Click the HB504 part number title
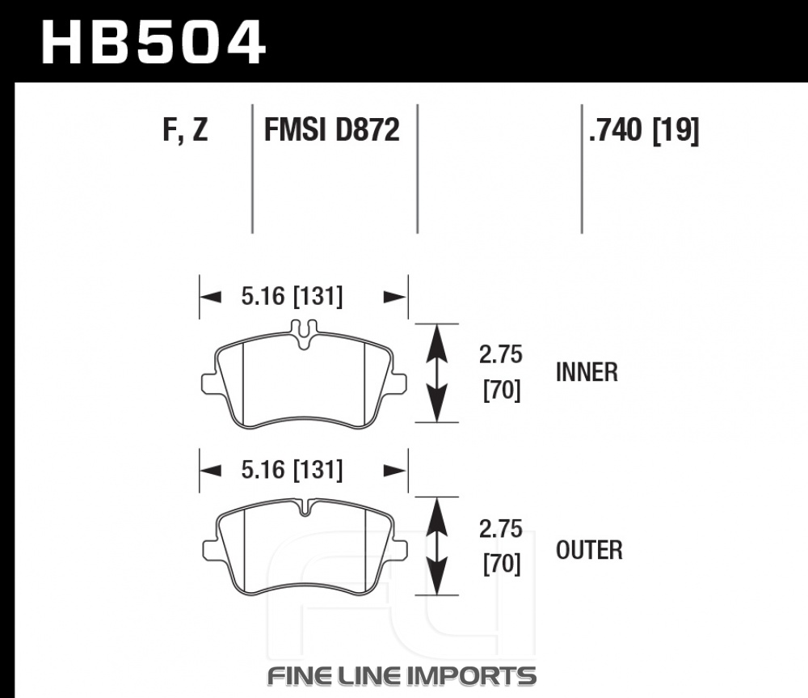point(154,42)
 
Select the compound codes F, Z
point(185,129)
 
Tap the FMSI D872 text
point(331,129)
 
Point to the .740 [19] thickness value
point(644,130)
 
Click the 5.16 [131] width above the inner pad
point(292,297)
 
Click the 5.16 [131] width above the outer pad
point(292,470)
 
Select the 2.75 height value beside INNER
point(500,354)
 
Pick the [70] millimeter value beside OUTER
point(502,564)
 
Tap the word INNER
point(587,372)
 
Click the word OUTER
point(589,551)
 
